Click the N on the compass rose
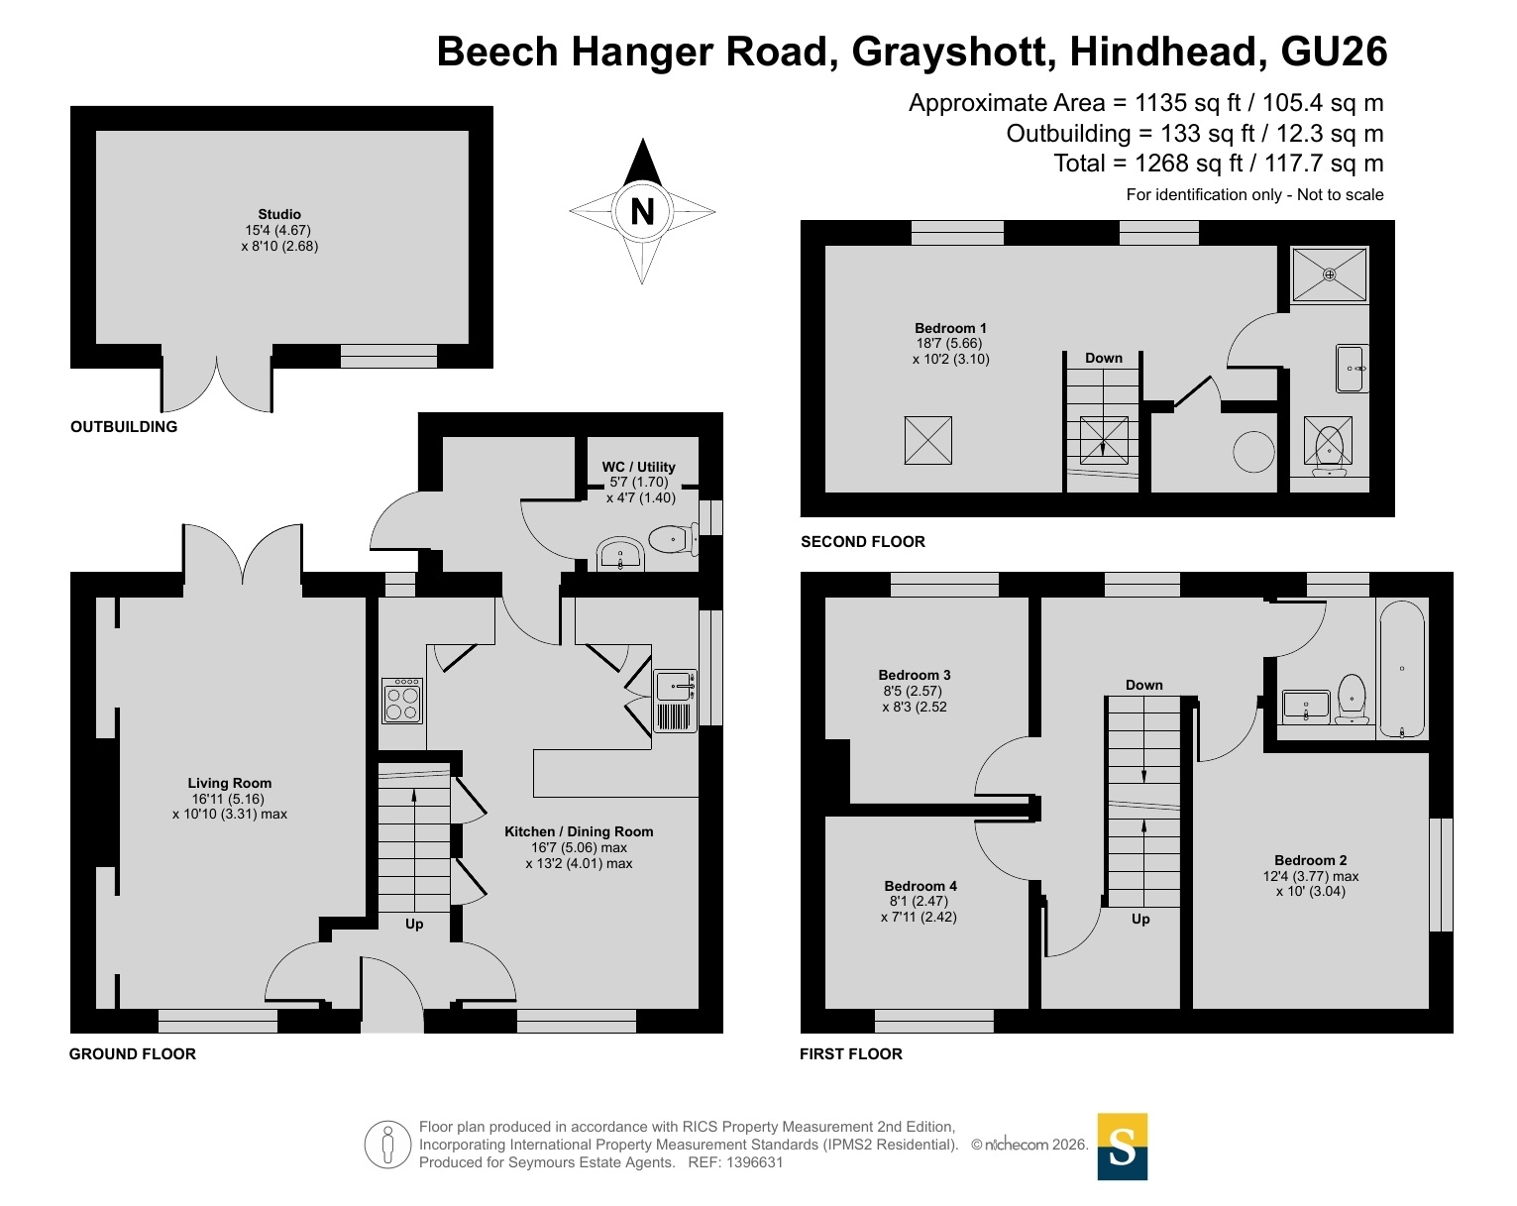pyautogui.click(x=641, y=211)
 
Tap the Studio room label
pyautogui.click(x=279, y=214)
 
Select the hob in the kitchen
pyautogui.click(x=402, y=701)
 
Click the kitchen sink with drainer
pyautogui.click(x=676, y=701)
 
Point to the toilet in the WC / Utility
pyautogui.click(x=673, y=539)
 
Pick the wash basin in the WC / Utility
pyautogui.click(x=620, y=554)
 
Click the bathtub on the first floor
pyautogui.click(x=1401, y=669)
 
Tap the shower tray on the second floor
pyautogui.click(x=1329, y=274)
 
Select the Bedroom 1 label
pyautogui.click(x=950, y=328)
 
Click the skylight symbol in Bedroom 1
pyautogui.click(x=927, y=441)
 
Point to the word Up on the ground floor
pyautogui.click(x=414, y=924)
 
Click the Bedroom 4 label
pyautogui.click(x=921, y=886)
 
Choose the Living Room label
pyautogui.click(x=229, y=783)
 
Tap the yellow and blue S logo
pyautogui.click(x=1123, y=1147)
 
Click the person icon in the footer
pyautogui.click(x=387, y=1145)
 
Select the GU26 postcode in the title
pyautogui.click(x=1334, y=52)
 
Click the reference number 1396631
pyautogui.click(x=754, y=1162)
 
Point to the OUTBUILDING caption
pyautogui.click(x=124, y=427)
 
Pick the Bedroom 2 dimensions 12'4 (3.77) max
pyautogui.click(x=1311, y=876)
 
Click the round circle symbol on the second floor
pyautogui.click(x=1254, y=451)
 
